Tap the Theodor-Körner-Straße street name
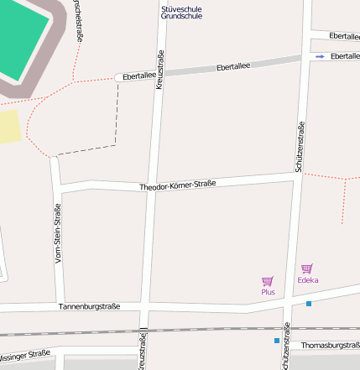[x=178, y=185]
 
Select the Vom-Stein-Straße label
[x=58, y=234]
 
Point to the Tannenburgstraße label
[x=89, y=307]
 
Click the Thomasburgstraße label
[x=330, y=345]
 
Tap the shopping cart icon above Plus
[x=268, y=281]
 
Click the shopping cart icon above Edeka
[x=307, y=268]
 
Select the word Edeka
[x=307, y=280]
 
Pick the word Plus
[x=268, y=292]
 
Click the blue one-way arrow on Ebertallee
[x=320, y=56]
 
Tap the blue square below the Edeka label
[x=309, y=303]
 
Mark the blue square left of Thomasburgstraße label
[x=276, y=341]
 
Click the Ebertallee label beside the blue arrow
[x=345, y=56]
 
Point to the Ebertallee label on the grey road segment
[x=233, y=66]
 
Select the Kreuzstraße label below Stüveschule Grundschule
[x=159, y=68]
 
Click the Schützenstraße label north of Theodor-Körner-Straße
[x=299, y=148]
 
